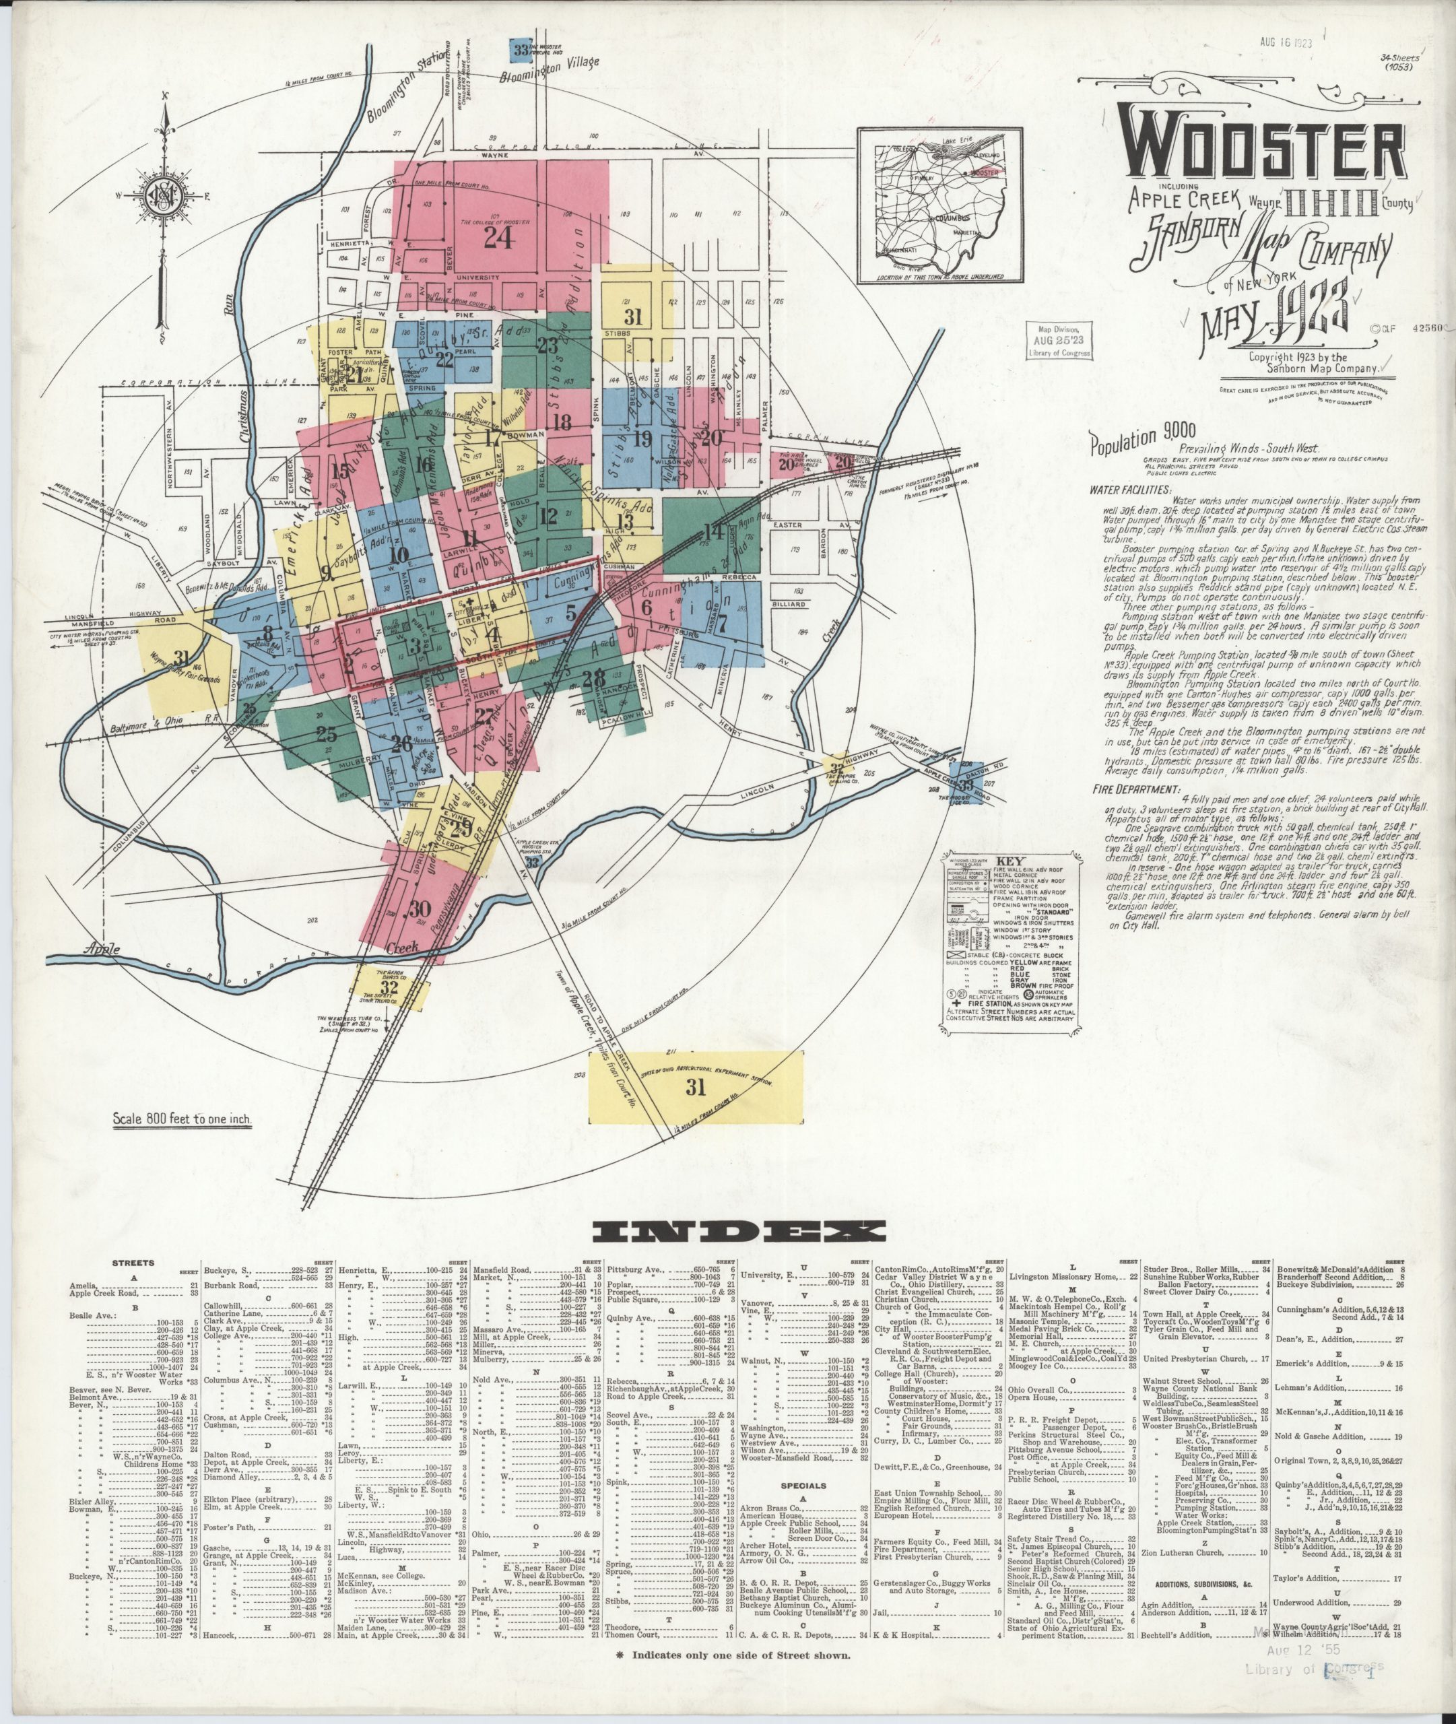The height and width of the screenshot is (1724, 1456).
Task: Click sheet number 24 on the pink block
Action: (x=498, y=238)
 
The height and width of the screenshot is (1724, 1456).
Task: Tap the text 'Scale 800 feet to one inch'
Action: (x=180, y=1120)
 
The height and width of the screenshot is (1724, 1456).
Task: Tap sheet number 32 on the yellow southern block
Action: (x=389, y=987)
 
